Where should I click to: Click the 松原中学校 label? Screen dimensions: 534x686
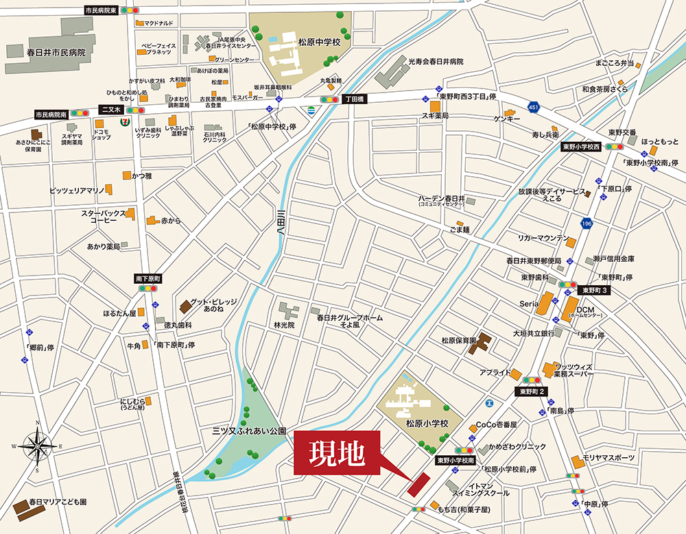pyautogui.click(x=319, y=43)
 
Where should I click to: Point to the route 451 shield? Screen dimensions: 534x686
pyautogui.click(x=534, y=106)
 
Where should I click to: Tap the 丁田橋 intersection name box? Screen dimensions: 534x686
pyautogui.click(x=356, y=99)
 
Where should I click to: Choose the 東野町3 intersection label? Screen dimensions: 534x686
pyautogui.click(x=593, y=290)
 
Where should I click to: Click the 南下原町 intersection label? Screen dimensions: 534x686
pyautogui.click(x=147, y=278)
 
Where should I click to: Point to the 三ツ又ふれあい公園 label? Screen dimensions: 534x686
pyautogui.click(x=248, y=433)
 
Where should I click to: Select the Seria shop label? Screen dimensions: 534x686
pyautogui.click(x=528, y=304)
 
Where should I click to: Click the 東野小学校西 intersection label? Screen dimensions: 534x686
pyautogui.click(x=581, y=147)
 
